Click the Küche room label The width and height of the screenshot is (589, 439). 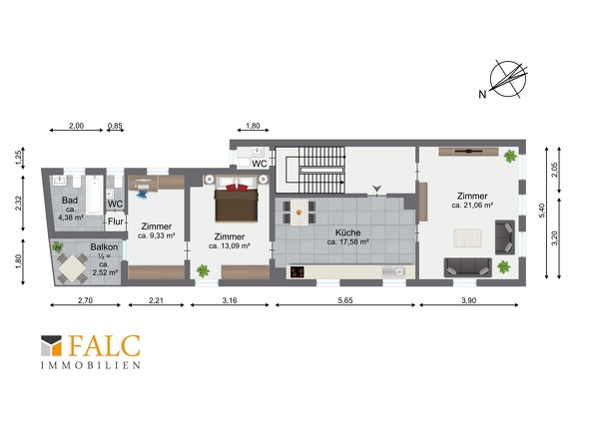347,232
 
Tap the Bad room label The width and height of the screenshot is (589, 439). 70,201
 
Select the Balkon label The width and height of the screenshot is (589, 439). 104,247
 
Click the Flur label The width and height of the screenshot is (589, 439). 116,221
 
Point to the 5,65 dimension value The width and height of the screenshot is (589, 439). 345,300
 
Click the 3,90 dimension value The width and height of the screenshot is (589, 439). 469,300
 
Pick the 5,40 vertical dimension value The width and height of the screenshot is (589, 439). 542,211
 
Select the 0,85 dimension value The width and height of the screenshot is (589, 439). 115,126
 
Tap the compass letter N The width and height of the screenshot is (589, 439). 482,94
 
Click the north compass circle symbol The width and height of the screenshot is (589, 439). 508,79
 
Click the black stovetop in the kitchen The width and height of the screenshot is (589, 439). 297,272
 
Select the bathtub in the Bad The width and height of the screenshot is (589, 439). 94,195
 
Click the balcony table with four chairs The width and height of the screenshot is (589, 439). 72,268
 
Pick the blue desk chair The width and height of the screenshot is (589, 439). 143,195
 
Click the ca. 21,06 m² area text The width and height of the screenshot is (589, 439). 472,206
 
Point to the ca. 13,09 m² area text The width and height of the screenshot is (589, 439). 230,246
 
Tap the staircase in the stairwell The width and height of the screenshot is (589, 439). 315,171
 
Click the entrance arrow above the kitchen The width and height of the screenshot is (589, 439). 376,189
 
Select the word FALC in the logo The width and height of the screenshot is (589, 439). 105,346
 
